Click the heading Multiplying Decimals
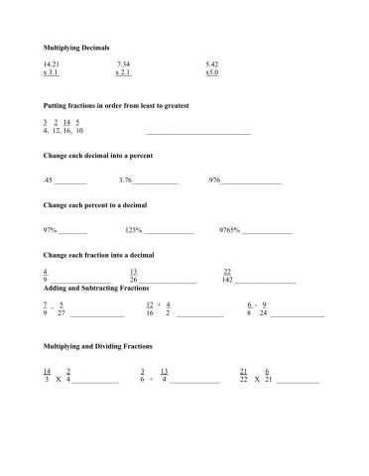(76, 48)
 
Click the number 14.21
(52, 64)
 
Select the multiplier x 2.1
(123, 72)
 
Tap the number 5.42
(211, 64)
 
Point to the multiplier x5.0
(211, 72)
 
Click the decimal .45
(48, 180)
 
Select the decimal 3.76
(125, 180)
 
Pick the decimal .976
(214, 180)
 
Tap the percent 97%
(50, 230)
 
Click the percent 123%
(133, 230)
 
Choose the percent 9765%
(229, 230)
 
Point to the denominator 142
(228, 280)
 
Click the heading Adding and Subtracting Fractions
(95, 288)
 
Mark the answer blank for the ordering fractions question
(198, 133)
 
